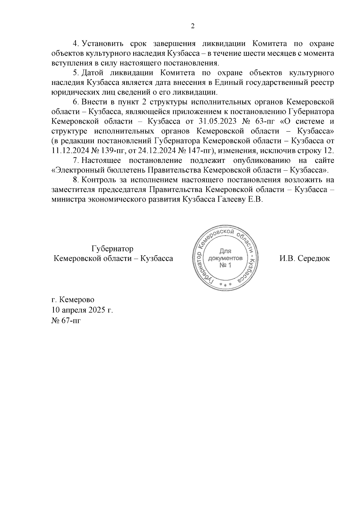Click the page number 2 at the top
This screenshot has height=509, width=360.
pyautogui.click(x=193, y=26)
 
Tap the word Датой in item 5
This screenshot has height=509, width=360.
pyautogui.click(x=92, y=73)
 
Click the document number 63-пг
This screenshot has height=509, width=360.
pyautogui.click(x=263, y=122)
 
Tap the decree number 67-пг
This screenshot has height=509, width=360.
pyautogui.click(x=71, y=321)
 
